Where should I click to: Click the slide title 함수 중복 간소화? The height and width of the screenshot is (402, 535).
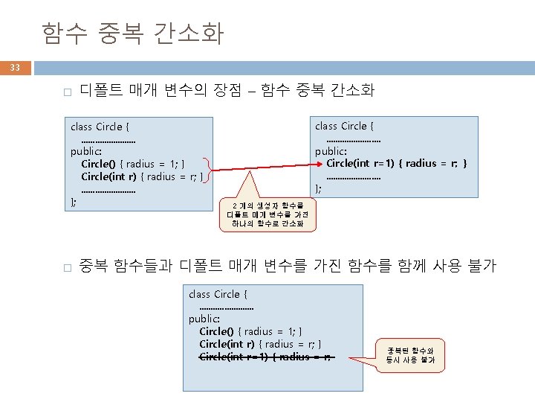[x=132, y=33]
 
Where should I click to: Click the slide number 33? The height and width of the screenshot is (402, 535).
[x=15, y=68]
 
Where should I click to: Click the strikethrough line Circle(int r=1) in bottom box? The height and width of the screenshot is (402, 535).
[x=267, y=357]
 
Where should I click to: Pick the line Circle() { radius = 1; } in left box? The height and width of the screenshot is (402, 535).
[x=133, y=164]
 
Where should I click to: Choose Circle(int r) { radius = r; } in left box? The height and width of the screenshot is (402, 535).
[x=142, y=176]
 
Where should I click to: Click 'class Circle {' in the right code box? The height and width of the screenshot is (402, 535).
[x=344, y=126]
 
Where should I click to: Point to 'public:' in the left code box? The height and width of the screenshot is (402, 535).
[x=86, y=151]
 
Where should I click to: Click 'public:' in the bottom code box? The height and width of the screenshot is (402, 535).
[x=204, y=319]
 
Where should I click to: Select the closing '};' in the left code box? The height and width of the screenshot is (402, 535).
[x=73, y=201]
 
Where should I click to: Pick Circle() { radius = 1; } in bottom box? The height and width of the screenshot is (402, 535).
[x=250, y=331]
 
